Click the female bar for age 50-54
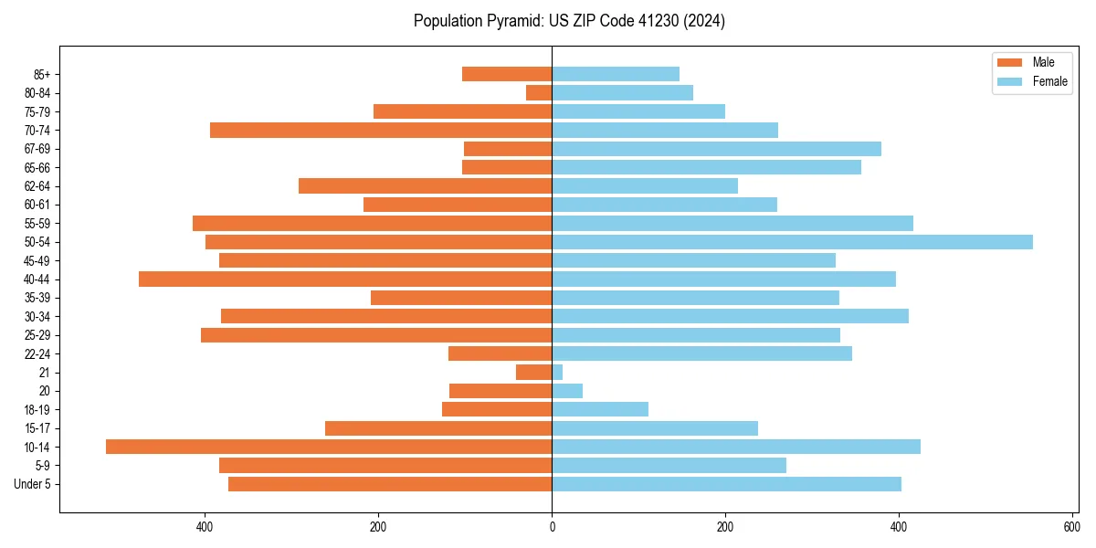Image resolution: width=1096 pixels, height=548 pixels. [x=792, y=242]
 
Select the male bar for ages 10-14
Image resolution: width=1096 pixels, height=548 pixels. [x=329, y=447]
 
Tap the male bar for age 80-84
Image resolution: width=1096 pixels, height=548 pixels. [x=539, y=92]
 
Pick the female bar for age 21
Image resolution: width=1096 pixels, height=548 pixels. [x=557, y=372]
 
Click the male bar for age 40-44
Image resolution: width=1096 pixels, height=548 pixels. [x=345, y=279]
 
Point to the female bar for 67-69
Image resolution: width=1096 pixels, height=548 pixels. [x=716, y=149]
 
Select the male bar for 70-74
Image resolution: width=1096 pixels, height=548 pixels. [x=381, y=130]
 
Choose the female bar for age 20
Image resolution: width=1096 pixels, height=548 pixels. [x=567, y=391]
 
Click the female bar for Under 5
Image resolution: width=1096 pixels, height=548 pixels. [x=726, y=484]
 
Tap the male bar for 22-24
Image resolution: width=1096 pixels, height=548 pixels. [x=500, y=353]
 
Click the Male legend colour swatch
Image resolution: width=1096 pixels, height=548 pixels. [x=1010, y=62]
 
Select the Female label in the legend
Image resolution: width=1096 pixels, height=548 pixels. [x=1050, y=81]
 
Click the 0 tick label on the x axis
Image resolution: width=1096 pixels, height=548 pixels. [x=552, y=527]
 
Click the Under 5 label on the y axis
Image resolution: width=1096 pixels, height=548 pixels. [x=33, y=484]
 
